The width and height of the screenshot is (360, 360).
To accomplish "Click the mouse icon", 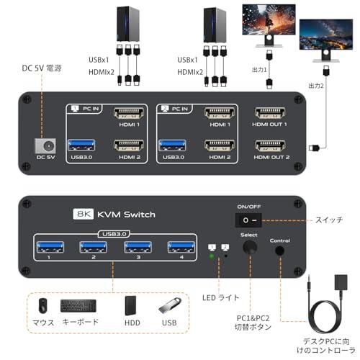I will click(x=43, y=305).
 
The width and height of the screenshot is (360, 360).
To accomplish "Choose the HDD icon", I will click(x=131, y=305).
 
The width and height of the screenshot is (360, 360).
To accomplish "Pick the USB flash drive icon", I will click(x=167, y=305).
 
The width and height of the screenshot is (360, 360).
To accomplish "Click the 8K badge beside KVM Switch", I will click(x=84, y=214).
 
